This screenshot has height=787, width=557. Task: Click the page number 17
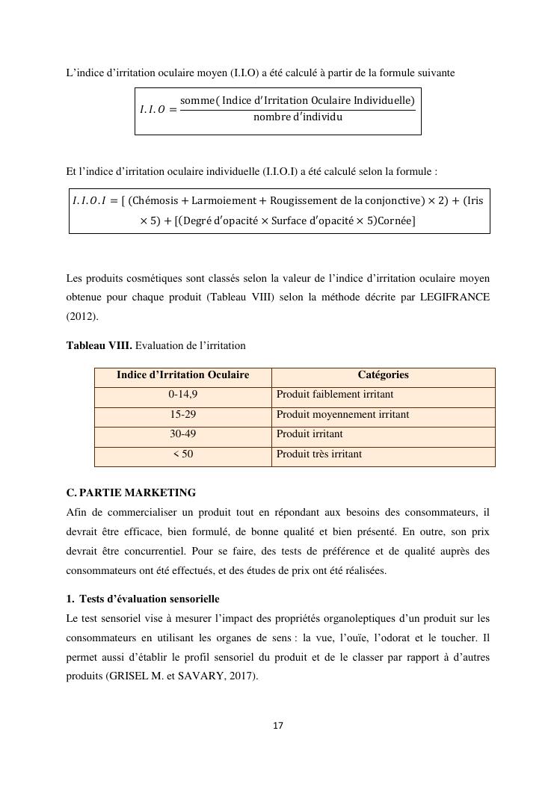(x=278, y=725)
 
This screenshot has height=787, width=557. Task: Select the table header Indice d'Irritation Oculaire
(x=182, y=375)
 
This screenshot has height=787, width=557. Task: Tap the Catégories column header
(x=383, y=375)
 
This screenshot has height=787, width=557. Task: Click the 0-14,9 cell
(x=182, y=395)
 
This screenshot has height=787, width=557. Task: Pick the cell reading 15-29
(x=182, y=414)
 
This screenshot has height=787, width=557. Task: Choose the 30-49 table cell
(x=182, y=433)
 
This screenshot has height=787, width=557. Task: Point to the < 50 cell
(x=182, y=454)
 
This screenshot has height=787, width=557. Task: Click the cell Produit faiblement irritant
(x=335, y=395)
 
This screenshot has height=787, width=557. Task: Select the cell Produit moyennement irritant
(x=342, y=414)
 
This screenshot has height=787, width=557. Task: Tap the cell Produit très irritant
(x=319, y=454)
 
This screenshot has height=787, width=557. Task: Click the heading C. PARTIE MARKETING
(x=131, y=493)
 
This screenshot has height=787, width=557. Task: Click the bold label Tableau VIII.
(x=99, y=345)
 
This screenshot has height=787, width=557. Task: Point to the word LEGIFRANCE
(x=454, y=297)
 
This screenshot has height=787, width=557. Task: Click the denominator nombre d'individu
(x=298, y=117)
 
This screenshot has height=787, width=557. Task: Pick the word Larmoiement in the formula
(x=220, y=201)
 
